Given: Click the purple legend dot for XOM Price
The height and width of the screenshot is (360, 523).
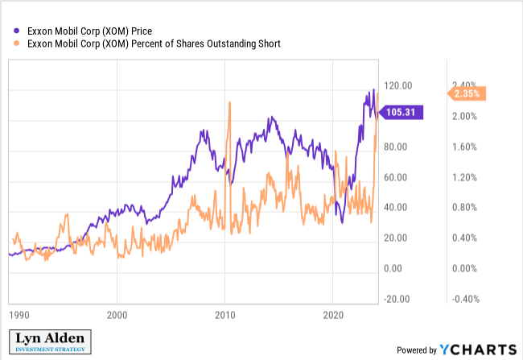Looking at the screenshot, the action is pyautogui.click(x=16, y=31).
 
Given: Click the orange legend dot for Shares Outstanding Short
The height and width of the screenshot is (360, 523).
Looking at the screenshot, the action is pyautogui.click(x=16, y=43).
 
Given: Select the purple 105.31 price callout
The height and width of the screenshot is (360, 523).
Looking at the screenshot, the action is pyautogui.click(x=402, y=112).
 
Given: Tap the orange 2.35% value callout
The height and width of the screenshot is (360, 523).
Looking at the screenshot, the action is pyautogui.click(x=467, y=93).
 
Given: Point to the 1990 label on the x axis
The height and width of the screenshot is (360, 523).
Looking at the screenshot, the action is pyautogui.click(x=19, y=315).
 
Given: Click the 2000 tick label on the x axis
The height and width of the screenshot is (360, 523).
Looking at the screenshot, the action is pyautogui.click(x=117, y=315).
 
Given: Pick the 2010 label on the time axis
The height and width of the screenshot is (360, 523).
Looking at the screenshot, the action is pyautogui.click(x=224, y=315).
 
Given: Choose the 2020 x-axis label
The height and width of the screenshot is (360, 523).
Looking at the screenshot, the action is pyautogui.click(x=333, y=315).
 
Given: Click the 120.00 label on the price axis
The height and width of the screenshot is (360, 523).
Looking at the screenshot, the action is pyautogui.click(x=398, y=85).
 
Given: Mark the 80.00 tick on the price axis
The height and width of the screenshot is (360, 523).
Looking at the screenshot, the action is pyautogui.click(x=395, y=147).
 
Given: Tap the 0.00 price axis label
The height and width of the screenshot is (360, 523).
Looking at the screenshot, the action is pyautogui.click(x=393, y=268).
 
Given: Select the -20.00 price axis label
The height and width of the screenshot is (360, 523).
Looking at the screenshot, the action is pyautogui.click(x=397, y=299).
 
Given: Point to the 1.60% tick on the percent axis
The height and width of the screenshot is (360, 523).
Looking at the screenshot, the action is pyautogui.click(x=464, y=147).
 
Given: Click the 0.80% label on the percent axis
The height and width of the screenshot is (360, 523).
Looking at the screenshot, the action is pyautogui.click(x=464, y=208).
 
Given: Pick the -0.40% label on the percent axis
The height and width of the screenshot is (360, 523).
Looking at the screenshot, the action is pyautogui.click(x=466, y=299).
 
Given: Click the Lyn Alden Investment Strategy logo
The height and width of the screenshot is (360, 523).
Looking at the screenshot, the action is pyautogui.click(x=50, y=342).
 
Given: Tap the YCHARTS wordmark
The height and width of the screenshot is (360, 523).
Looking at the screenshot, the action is pyautogui.click(x=478, y=350).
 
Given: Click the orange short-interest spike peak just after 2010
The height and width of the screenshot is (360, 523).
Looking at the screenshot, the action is pyautogui.click(x=229, y=103).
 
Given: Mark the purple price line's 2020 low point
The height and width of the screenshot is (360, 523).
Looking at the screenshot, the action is pyautogui.click(x=342, y=222).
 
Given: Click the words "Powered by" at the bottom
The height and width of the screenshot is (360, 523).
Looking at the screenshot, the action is pyautogui.click(x=417, y=350).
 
